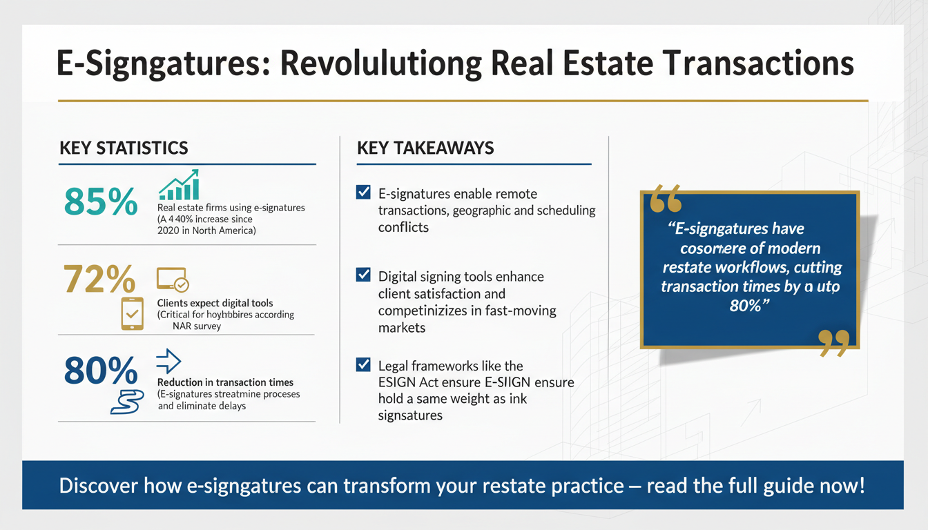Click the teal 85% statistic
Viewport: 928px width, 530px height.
pyautogui.click(x=100, y=201)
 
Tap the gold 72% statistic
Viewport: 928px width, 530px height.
pyautogui.click(x=99, y=279)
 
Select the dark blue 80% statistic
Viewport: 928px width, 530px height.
pyautogui.click(x=101, y=371)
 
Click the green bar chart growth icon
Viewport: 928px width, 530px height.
pyautogui.click(x=179, y=185)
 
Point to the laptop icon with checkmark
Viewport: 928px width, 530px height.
pyautogui.click(x=173, y=279)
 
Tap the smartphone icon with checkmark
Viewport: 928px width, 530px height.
pyautogui.click(x=132, y=313)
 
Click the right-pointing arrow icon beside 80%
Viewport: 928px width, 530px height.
pyautogui.click(x=169, y=360)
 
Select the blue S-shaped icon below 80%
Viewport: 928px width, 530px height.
pyautogui.click(x=126, y=402)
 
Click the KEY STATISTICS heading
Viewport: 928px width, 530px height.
pyautogui.click(x=124, y=148)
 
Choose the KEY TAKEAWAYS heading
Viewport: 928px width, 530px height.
pyautogui.click(x=425, y=148)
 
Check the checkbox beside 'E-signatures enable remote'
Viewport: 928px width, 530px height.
pyautogui.click(x=363, y=193)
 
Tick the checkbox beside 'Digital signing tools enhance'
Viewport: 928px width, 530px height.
pyautogui.click(x=363, y=275)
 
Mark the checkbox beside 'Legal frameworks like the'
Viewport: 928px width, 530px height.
pyautogui.click(x=363, y=364)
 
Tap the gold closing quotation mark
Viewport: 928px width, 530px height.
pyautogui.click(x=833, y=343)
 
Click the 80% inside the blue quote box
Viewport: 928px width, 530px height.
pyautogui.click(x=745, y=304)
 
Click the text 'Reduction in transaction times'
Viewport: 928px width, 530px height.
pyautogui.click(x=225, y=382)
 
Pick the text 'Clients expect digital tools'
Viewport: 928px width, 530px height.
pyautogui.click(x=215, y=303)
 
